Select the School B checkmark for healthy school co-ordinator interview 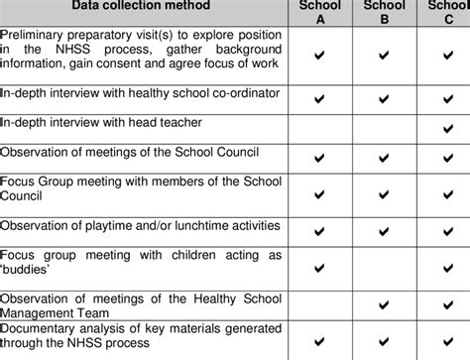click(383, 98)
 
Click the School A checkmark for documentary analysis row click(318, 336)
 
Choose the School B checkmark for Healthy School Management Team click(383, 302)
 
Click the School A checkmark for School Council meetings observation click(318, 156)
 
